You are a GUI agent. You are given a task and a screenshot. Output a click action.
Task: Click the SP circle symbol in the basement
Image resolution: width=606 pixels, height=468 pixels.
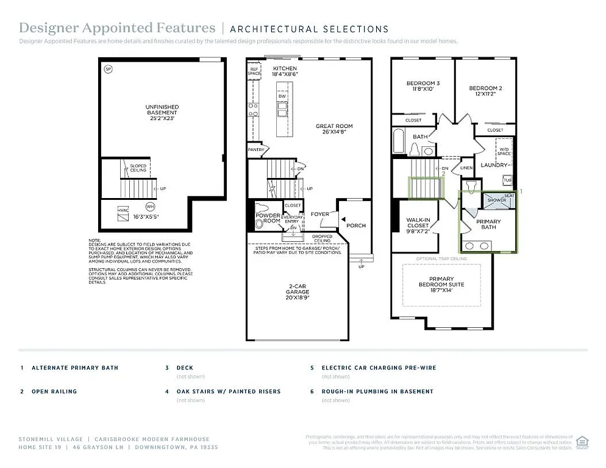109,69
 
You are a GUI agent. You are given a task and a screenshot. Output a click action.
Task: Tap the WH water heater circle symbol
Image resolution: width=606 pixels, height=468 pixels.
151,206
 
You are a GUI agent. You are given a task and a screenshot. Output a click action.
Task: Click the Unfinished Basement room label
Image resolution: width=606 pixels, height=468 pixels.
162,113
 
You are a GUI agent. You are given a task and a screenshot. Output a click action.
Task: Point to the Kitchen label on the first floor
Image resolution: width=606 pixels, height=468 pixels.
285,71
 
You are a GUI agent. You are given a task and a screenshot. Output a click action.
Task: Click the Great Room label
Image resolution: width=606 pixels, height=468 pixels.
334,130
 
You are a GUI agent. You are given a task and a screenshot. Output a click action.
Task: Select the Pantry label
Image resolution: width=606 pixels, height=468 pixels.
255,149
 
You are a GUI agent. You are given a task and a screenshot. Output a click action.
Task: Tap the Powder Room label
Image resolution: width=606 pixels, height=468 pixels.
268,218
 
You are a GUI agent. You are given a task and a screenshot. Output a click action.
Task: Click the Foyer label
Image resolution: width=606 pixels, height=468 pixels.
320,214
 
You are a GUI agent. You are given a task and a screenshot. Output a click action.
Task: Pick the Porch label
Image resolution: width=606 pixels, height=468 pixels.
356,225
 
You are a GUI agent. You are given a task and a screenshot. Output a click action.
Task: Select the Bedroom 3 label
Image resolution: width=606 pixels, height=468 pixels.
422,86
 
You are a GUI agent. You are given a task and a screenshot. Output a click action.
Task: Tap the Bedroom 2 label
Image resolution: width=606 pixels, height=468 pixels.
485,91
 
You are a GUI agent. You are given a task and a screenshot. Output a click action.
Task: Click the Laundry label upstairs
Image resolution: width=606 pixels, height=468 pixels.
494,165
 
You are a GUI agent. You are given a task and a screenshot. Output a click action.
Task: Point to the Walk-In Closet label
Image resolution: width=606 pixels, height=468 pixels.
418,225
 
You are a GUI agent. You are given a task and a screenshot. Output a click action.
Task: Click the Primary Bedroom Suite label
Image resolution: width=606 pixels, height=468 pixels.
441,285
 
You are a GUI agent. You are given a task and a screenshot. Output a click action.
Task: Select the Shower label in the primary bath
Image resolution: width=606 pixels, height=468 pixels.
496,200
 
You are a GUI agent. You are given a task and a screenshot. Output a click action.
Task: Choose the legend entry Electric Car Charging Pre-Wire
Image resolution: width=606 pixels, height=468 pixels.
379,368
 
